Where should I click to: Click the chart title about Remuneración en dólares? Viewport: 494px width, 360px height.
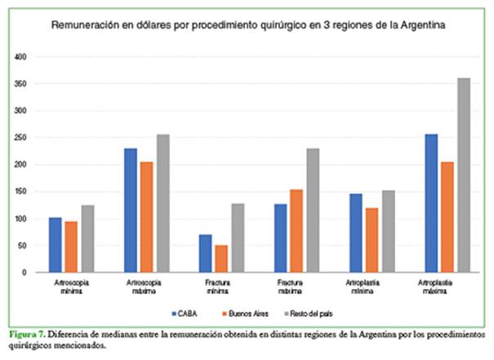tap(248, 27)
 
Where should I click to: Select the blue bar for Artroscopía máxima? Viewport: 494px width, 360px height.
tap(131, 210)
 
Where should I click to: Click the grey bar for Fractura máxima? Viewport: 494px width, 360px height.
tap(314, 211)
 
